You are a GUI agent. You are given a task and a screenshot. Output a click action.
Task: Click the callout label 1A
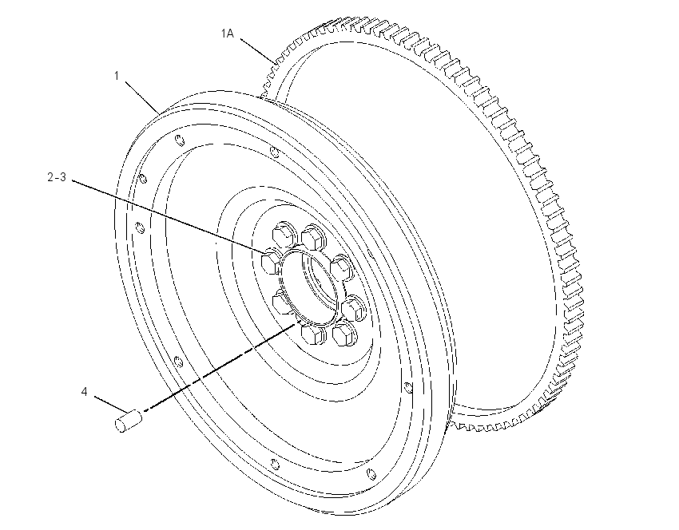click(x=227, y=34)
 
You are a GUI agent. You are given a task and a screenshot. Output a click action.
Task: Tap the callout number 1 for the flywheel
click(x=117, y=76)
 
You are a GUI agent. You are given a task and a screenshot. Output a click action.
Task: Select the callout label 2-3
click(x=57, y=177)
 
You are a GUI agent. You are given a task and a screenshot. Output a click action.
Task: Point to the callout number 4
click(x=84, y=392)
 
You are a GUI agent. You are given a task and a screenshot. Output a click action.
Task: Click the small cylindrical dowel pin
click(x=129, y=420)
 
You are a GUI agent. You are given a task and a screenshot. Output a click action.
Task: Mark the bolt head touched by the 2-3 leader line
click(x=272, y=261)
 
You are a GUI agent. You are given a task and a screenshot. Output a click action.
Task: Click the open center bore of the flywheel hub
click(x=308, y=286)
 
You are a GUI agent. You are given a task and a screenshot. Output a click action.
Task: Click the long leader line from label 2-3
click(x=168, y=216)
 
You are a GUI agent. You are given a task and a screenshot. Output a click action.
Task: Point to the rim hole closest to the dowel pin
click(x=177, y=362)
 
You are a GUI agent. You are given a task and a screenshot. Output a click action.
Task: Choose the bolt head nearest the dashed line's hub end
click(x=311, y=334)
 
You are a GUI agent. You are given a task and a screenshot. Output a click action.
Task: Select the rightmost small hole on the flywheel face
click(x=408, y=388)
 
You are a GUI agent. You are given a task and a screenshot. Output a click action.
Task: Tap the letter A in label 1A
click(x=230, y=34)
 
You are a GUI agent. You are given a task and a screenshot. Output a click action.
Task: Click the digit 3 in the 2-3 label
click(x=63, y=177)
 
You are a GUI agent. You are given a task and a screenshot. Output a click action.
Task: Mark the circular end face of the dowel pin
click(x=120, y=425)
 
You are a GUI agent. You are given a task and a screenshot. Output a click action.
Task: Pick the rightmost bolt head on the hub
click(x=352, y=308)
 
